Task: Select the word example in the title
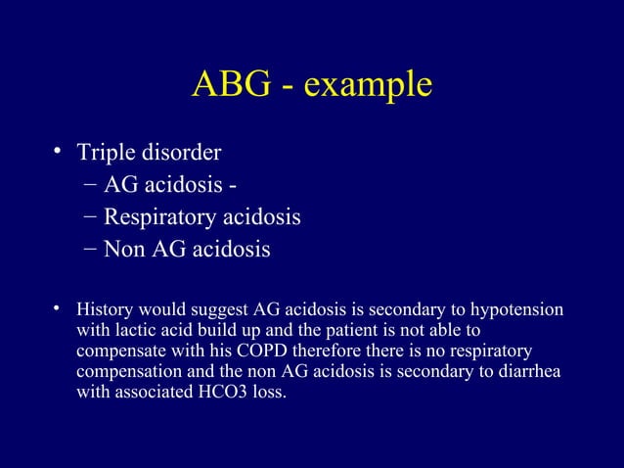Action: click(368, 86)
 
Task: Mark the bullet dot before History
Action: click(59, 310)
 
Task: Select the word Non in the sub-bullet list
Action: click(124, 249)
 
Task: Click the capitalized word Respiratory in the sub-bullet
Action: click(160, 217)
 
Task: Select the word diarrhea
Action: click(532, 375)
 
